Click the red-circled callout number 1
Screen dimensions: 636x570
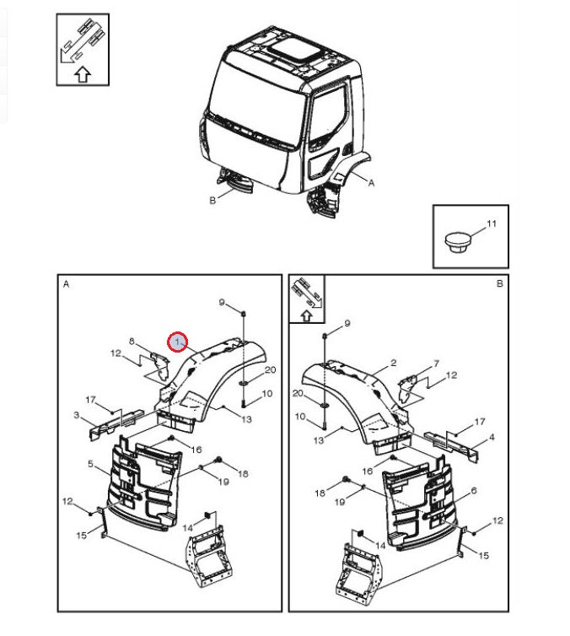click(178, 342)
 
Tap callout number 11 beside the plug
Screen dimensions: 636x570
click(492, 224)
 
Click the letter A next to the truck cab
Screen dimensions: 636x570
click(372, 181)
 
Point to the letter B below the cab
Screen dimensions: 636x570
click(212, 200)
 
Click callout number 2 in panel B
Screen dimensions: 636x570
click(393, 364)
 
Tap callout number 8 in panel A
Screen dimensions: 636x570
click(132, 341)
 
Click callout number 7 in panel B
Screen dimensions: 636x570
click(435, 364)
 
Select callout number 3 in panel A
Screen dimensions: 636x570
click(77, 415)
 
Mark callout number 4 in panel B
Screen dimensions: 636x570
click(492, 437)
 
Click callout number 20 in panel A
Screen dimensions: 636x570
click(270, 370)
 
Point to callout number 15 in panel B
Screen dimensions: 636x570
click(483, 555)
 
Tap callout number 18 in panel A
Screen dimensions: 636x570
click(243, 474)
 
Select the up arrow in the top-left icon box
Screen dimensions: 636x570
click(82, 75)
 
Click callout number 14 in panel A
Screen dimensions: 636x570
click(187, 527)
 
